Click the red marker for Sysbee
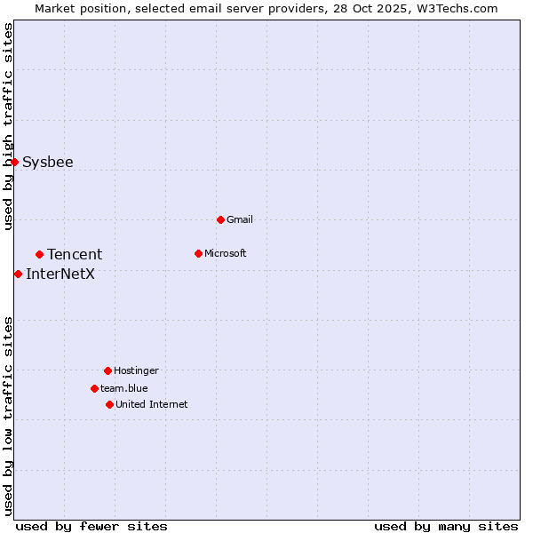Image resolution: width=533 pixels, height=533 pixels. [15, 162]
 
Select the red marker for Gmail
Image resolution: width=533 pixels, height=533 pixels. [220, 219]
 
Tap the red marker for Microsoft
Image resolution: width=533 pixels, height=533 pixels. [198, 253]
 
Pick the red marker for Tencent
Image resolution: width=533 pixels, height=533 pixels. [39, 254]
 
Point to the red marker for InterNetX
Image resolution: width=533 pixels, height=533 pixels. [18, 274]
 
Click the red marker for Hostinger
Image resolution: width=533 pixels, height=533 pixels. [107, 370]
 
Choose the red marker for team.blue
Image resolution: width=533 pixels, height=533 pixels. [94, 388]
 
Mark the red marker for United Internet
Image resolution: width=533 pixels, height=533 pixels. [109, 404]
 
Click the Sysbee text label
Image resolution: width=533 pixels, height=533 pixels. [48, 162]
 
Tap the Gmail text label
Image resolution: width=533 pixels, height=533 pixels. [240, 219]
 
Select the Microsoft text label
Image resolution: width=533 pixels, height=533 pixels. [226, 253]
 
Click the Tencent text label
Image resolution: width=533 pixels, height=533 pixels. [75, 254]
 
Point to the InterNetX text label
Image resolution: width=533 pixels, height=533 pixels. [60, 274]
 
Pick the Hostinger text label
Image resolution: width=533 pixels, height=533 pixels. [136, 370]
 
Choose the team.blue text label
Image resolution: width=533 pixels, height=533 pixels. [124, 388]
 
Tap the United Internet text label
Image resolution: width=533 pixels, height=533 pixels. [152, 404]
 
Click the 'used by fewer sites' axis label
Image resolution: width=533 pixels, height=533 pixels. [91, 526]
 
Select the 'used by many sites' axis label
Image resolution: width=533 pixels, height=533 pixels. [446, 526]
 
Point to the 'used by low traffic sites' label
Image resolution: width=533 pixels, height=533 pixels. [9, 416]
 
